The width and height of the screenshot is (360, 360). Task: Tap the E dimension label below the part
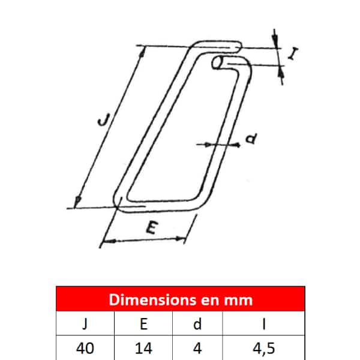(152, 227)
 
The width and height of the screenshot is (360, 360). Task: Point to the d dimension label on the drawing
(251, 139)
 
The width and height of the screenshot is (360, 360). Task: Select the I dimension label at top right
(293, 54)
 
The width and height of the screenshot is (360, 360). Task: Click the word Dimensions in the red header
(153, 299)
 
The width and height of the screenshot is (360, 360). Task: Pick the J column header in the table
(85, 324)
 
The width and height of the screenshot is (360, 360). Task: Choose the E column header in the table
(144, 324)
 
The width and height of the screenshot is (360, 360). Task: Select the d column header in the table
(197, 324)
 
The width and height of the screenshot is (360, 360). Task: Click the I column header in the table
(264, 324)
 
